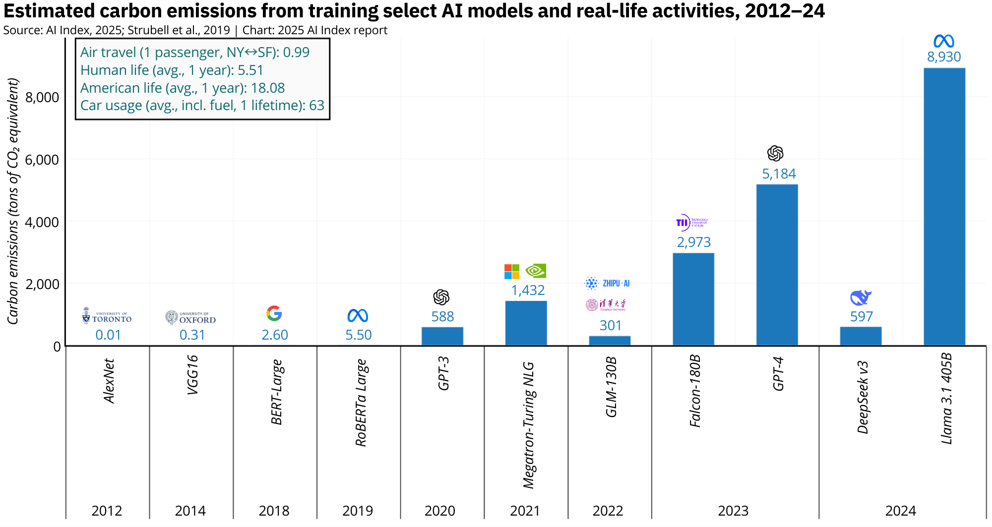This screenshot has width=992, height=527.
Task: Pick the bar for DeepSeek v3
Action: [861, 336]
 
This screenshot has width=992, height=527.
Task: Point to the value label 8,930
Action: [944, 57]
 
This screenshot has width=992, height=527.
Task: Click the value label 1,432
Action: [528, 290]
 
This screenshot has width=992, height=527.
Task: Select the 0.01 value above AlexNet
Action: [108, 335]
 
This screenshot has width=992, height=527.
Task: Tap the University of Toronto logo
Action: [107, 316]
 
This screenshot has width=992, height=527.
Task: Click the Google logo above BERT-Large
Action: [274, 313]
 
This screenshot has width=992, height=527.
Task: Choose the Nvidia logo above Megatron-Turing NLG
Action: [536, 271]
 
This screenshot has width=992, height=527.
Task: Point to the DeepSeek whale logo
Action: [861, 297]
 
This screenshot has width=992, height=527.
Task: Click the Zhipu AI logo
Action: [607, 283]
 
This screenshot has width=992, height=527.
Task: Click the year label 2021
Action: [525, 511]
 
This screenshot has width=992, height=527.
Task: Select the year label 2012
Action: [107, 511]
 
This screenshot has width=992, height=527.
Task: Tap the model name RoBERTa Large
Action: [361, 403]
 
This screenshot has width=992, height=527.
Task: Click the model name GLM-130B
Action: [611, 387]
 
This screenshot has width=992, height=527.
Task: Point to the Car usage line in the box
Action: [202, 106]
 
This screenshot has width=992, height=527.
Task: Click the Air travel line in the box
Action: [195, 53]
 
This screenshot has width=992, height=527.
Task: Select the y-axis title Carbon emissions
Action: [13, 201]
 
